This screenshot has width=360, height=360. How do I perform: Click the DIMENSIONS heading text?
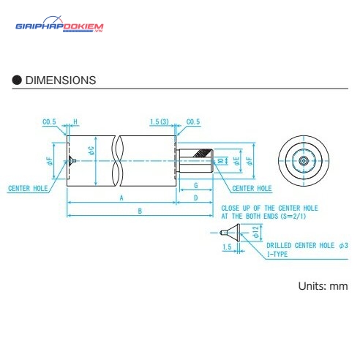(61, 80)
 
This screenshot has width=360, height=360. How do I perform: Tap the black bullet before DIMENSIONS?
(17, 80)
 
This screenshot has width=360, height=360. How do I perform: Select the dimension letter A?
(121, 198)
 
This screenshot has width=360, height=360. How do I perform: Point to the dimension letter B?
(140, 211)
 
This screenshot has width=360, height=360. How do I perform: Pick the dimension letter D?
(195, 198)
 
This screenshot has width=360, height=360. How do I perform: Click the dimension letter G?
(196, 186)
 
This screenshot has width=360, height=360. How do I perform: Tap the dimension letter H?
(75, 121)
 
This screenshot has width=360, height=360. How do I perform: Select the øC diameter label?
(91, 151)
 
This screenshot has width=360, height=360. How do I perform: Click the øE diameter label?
(236, 161)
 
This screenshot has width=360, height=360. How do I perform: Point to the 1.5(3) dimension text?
(160, 121)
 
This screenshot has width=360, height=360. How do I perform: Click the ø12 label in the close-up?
(256, 232)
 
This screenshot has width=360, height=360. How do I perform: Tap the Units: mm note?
(323, 286)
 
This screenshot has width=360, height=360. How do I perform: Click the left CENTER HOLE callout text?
(28, 188)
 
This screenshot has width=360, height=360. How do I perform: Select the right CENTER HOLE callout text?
(252, 188)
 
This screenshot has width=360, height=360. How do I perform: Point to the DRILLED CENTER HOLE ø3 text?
(307, 245)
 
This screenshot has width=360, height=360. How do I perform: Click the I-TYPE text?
(277, 254)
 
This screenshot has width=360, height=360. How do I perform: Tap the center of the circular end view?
(304, 161)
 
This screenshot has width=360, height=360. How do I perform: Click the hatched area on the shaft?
(202, 153)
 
